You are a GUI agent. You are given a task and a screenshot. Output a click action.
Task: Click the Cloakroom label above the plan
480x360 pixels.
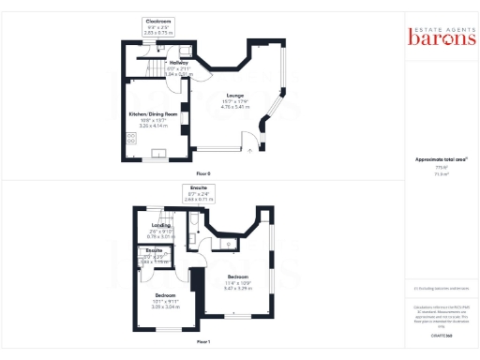(x=157, y=20)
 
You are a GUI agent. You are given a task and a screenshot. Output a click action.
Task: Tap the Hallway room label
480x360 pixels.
(x=152, y=63)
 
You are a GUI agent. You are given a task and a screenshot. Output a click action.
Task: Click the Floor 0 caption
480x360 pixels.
(x=203, y=174)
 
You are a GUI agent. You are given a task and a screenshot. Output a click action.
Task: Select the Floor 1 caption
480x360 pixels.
(x=203, y=341)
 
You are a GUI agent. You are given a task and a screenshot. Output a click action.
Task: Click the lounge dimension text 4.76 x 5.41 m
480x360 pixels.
(x=234, y=108)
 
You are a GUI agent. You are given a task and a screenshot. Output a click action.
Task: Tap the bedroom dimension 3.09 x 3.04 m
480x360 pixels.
(x=166, y=307)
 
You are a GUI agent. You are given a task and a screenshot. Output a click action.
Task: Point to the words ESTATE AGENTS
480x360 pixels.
(x=435, y=25)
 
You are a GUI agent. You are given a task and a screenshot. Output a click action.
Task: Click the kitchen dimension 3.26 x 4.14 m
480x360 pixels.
(x=152, y=125)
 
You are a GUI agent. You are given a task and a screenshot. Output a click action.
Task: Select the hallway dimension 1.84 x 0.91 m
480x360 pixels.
(x=152, y=73)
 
